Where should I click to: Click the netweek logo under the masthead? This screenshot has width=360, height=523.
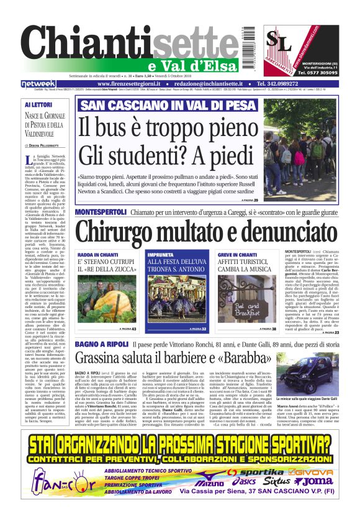pyautogui.click(x=38, y=83)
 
